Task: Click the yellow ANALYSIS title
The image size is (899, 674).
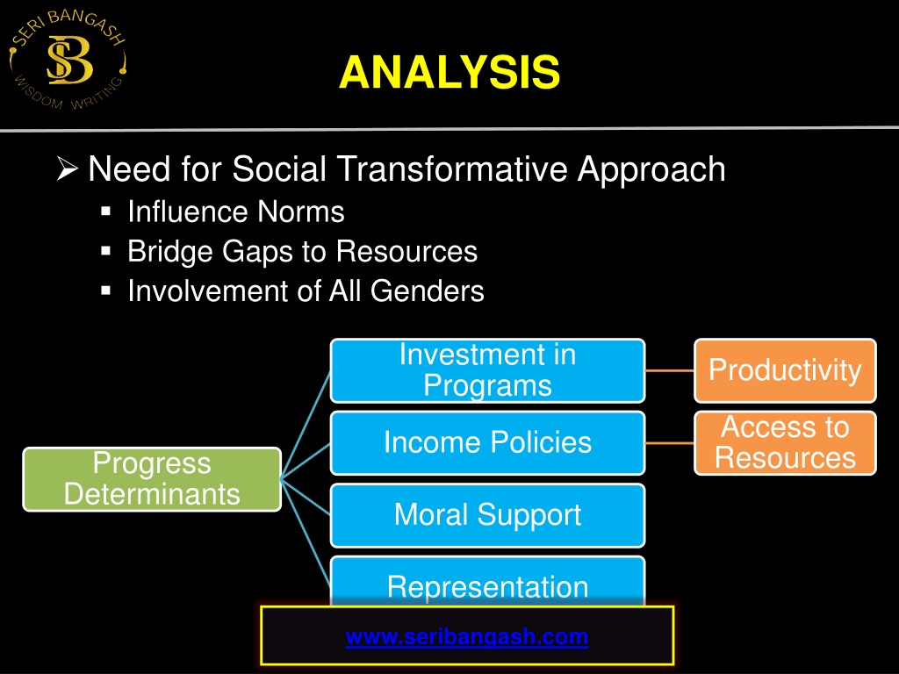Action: pos(449,72)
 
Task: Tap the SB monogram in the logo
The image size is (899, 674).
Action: pos(69,61)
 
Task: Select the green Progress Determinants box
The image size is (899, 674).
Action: pos(152,479)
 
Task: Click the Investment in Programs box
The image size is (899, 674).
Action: pos(488,371)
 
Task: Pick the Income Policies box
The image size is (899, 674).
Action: pos(488,443)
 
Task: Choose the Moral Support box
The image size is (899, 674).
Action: pos(488,515)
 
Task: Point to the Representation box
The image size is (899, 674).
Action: pos(488,581)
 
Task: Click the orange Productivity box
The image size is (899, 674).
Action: pos(785,371)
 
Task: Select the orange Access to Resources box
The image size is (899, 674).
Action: pos(785,443)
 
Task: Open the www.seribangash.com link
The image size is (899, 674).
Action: pos(467,637)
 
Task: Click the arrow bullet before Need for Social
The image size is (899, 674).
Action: pos(67,169)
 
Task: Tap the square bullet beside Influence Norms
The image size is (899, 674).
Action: pos(105,212)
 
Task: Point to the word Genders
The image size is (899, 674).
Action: pos(428,290)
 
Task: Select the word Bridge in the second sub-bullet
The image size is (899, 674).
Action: pos(170,252)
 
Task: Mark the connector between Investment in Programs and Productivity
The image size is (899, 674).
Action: pos(670,371)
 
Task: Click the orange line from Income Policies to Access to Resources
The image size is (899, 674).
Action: pos(670,443)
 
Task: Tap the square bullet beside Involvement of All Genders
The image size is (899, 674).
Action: pos(105,290)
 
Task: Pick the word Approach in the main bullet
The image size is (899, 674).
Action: pos(651,170)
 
